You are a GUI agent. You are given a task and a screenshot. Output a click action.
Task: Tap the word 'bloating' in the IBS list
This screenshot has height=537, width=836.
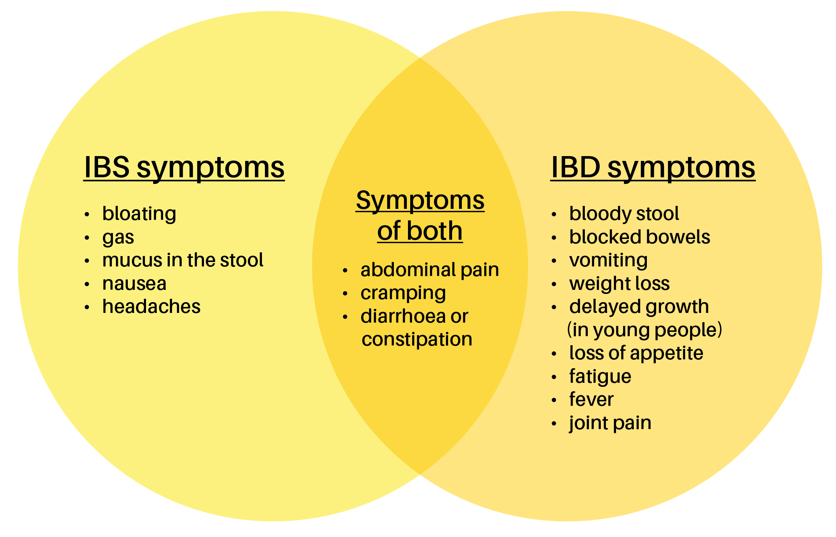(139, 214)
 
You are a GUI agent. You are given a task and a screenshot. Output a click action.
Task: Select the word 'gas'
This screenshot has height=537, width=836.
(118, 237)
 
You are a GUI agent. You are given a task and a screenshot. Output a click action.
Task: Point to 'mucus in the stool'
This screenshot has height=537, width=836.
(182, 260)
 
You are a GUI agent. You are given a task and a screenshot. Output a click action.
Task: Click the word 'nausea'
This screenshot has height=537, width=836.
(134, 284)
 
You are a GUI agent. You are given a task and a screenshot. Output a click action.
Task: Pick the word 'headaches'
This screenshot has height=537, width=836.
(151, 307)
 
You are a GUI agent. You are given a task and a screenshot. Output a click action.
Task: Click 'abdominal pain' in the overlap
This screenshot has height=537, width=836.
(430, 270)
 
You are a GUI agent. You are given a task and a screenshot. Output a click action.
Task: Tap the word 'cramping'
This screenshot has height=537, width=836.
(403, 293)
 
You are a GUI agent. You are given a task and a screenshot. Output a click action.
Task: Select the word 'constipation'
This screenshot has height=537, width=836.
(417, 339)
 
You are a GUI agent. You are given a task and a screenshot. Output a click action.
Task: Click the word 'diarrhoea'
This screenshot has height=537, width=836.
(403, 316)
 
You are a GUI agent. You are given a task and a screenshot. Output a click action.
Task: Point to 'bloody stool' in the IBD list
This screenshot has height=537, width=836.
(624, 214)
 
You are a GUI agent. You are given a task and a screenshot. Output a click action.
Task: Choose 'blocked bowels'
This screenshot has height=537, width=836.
(639, 237)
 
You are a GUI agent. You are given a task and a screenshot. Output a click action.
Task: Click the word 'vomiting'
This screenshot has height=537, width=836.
(608, 260)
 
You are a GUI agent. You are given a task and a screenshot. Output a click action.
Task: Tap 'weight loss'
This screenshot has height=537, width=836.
(619, 284)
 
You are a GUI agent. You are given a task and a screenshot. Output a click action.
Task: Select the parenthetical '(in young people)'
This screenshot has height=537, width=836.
(644, 330)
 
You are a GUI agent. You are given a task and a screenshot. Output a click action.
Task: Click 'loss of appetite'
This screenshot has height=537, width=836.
(636, 353)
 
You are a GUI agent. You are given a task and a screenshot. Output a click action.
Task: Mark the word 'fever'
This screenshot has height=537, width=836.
(591, 399)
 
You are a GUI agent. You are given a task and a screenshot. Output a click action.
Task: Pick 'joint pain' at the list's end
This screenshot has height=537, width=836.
(610, 423)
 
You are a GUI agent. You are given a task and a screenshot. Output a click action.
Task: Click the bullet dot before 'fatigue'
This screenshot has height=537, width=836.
(554, 378)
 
